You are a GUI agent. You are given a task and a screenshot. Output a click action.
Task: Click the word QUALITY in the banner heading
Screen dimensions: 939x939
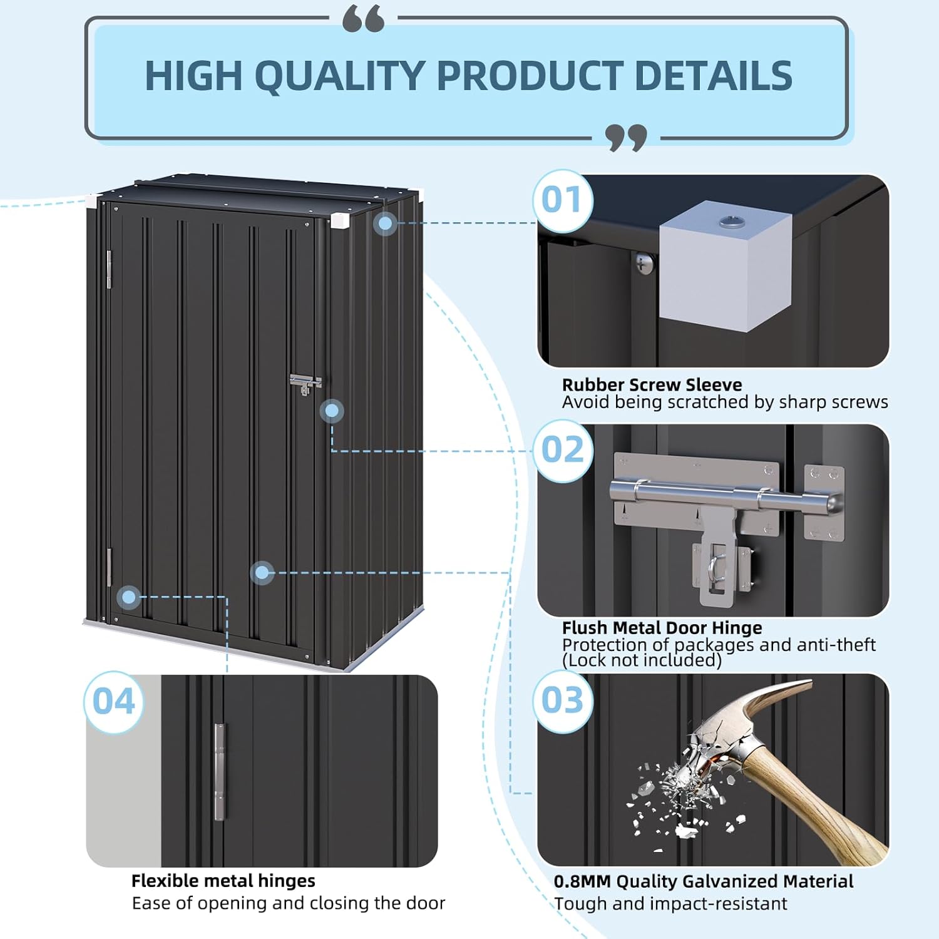(341, 76)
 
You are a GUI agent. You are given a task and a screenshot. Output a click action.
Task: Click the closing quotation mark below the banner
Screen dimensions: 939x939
(626, 137)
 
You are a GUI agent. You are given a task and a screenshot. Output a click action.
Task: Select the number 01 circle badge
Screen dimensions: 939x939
(562, 200)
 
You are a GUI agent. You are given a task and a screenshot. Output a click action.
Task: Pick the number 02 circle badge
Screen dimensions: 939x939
(562, 451)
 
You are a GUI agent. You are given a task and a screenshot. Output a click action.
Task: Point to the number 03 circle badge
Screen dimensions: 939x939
(562, 700)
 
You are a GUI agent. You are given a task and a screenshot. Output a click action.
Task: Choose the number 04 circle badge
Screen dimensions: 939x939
(114, 702)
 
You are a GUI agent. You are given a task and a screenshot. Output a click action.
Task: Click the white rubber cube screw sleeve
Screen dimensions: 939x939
(726, 269)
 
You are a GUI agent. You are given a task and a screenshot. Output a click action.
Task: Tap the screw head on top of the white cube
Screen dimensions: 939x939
(729, 220)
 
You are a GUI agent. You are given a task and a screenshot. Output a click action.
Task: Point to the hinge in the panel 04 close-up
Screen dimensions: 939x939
(220, 771)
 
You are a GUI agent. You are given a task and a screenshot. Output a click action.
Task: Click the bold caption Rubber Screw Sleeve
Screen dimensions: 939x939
(652, 384)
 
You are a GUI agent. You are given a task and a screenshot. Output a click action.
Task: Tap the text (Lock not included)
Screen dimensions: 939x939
(642, 660)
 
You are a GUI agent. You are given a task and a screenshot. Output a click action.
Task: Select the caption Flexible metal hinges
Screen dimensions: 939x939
(223, 881)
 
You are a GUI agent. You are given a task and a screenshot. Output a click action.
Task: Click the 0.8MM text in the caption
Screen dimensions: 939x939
(582, 881)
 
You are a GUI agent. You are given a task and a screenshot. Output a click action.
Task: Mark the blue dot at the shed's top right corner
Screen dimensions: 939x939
(386, 223)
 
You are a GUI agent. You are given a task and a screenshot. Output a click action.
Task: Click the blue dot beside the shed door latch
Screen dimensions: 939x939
(332, 411)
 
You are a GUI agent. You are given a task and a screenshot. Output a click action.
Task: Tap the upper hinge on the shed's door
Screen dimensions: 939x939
(109, 269)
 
